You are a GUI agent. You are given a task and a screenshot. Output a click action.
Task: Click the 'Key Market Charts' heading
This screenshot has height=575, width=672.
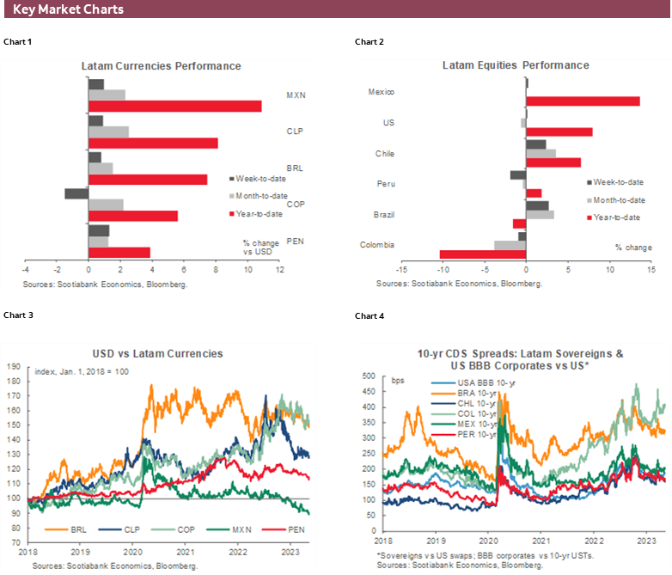69,9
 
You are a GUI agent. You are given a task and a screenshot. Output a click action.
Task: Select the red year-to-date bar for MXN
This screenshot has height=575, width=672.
175,107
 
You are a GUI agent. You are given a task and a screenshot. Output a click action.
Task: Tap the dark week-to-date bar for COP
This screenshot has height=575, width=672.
76,193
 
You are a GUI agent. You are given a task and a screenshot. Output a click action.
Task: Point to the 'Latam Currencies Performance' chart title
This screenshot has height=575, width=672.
161,66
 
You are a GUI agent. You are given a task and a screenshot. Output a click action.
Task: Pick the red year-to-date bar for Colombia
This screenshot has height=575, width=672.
482,254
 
